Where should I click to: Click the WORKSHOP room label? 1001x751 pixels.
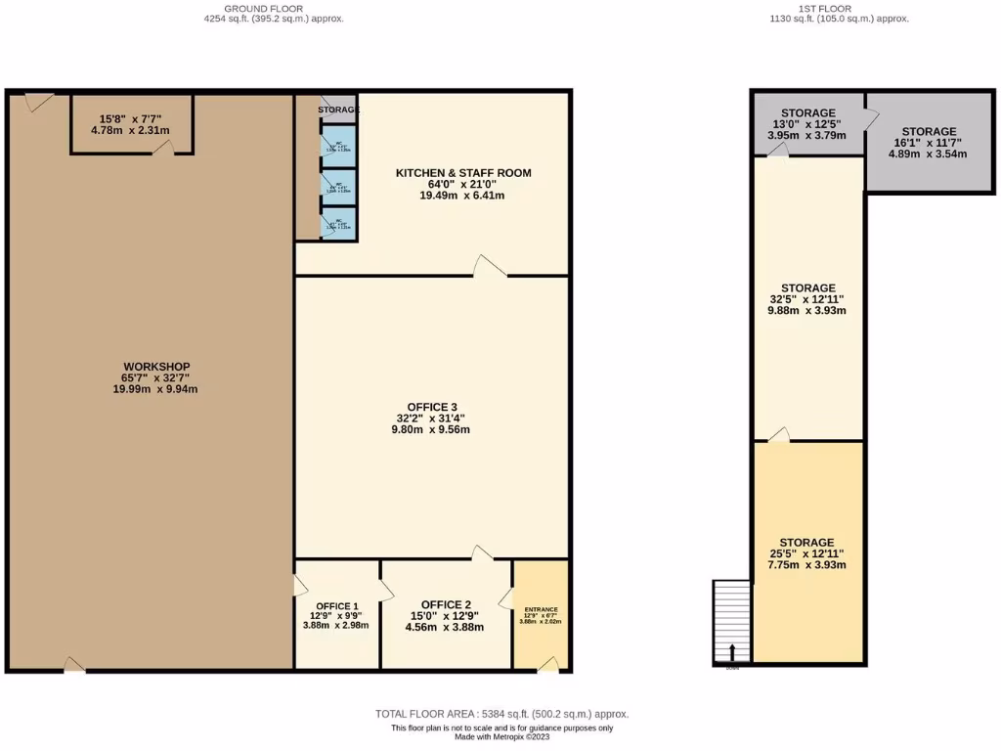(150, 366)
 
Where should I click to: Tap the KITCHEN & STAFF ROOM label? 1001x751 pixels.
(463, 173)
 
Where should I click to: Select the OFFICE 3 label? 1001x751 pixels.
(432, 407)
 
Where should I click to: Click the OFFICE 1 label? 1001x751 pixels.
(335, 604)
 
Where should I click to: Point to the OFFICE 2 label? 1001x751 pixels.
(446, 604)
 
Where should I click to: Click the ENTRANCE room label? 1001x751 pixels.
(541, 609)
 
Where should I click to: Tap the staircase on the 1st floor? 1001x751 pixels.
(732, 623)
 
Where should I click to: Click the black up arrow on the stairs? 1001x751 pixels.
(732, 652)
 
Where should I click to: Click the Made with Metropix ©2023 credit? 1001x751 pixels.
(501, 738)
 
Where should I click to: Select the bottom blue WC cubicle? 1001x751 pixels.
(338, 224)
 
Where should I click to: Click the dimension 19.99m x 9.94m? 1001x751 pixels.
(150, 389)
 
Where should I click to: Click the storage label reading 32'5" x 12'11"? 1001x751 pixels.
(807, 299)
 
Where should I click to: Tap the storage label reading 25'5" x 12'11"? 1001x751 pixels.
(807, 553)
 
